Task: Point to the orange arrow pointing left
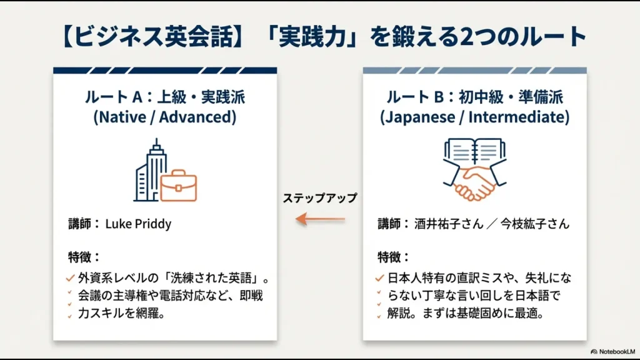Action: pos(320,219)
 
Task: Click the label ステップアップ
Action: pos(320,198)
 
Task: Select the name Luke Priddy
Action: pos(138,224)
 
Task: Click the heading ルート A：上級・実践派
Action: pos(165,97)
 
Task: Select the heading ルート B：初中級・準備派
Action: pos(474,97)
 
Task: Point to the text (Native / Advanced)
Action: pos(165,117)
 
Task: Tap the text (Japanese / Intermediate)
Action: pos(474,117)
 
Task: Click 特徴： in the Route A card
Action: pos(84,256)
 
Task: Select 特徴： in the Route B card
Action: pos(394,256)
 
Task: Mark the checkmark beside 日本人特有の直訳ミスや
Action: pos(379,278)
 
